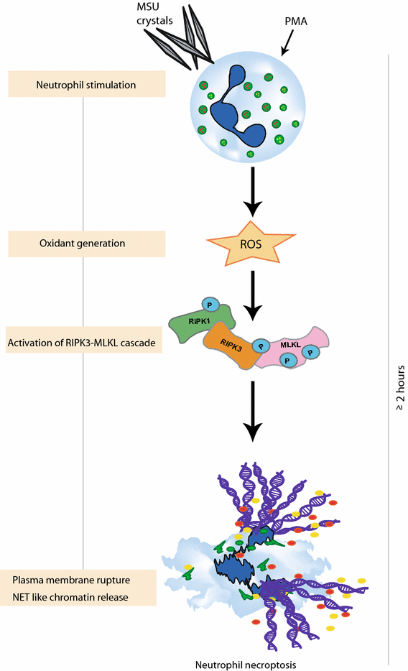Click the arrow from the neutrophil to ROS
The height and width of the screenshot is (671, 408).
click(251, 190)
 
